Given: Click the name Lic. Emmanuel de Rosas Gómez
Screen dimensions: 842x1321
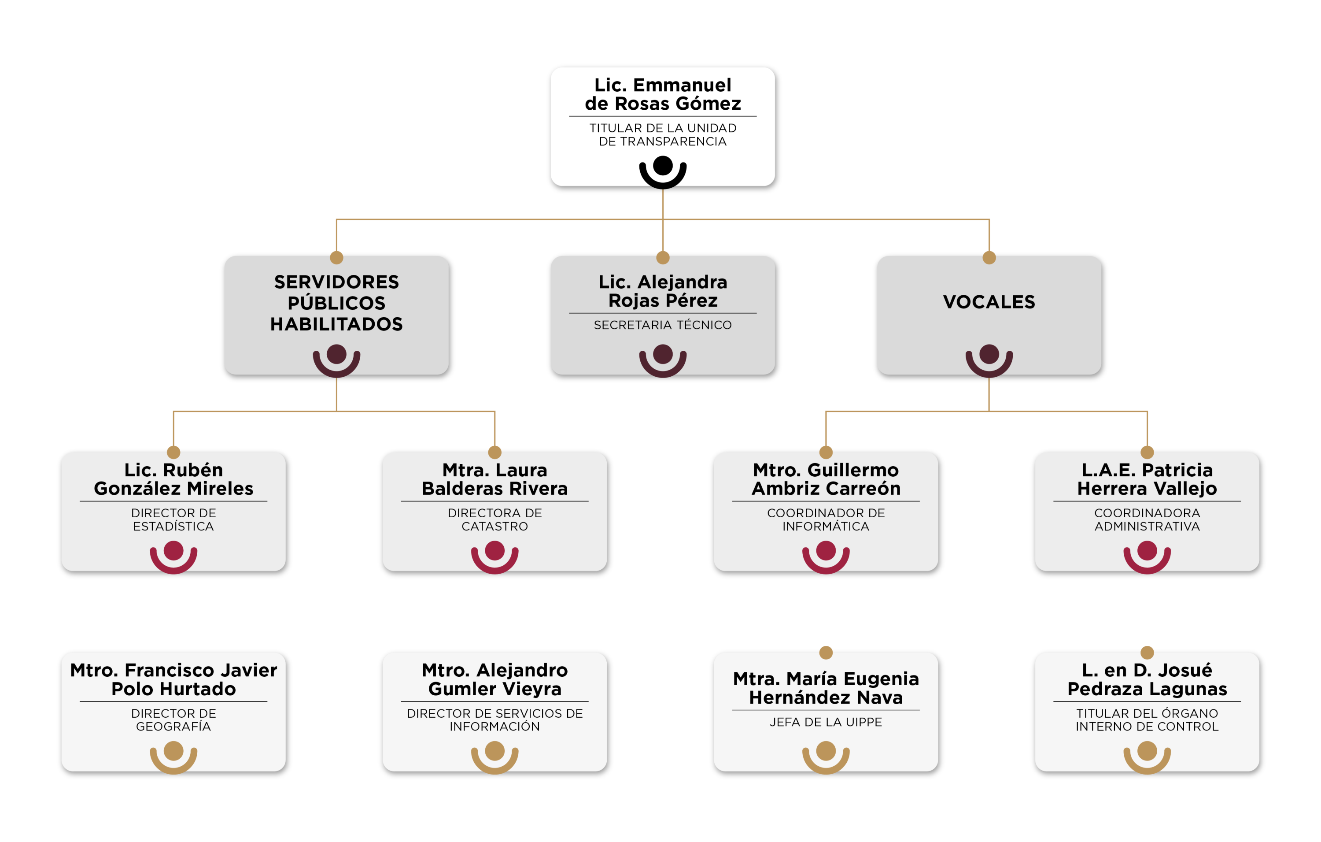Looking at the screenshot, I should [x=663, y=94].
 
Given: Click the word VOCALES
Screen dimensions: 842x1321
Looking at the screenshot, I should [x=989, y=301].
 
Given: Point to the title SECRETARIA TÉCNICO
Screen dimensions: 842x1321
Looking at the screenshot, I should [x=663, y=325].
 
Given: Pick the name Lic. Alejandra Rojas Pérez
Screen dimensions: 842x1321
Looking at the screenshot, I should [x=663, y=291].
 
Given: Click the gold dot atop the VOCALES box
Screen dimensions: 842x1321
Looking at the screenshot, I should [x=989, y=257].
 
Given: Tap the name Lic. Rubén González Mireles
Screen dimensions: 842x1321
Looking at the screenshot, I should [x=173, y=479].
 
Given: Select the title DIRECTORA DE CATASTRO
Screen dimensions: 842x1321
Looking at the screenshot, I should [x=494, y=519].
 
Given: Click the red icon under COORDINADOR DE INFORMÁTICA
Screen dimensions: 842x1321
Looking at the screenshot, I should [x=826, y=556].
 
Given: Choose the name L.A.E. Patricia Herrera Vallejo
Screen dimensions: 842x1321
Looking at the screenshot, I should [x=1147, y=479].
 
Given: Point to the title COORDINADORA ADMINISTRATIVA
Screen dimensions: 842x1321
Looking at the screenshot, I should [x=1147, y=519].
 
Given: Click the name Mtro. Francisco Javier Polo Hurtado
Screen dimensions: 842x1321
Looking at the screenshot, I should [x=173, y=679].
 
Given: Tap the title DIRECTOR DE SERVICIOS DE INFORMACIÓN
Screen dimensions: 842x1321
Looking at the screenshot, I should [x=494, y=720].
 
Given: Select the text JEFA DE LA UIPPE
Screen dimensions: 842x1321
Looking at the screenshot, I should [x=826, y=722].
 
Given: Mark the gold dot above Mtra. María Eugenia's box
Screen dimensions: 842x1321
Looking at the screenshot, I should [x=826, y=652].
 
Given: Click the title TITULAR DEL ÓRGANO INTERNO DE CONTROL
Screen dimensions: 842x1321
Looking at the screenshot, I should [x=1147, y=720].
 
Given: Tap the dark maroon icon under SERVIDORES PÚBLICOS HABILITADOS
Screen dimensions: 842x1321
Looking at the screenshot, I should [x=336, y=360].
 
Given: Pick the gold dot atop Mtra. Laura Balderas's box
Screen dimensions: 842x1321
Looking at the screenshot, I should [x=494, y=453].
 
